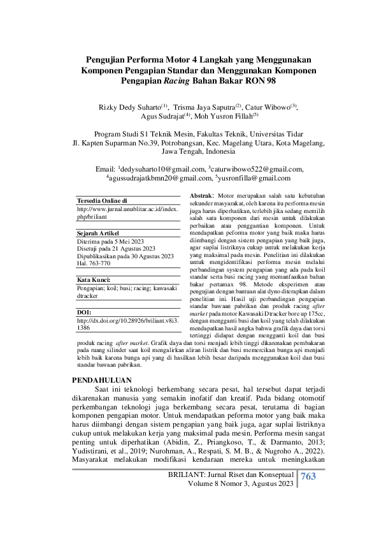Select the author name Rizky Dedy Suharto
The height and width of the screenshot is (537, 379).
[x=121, y=107]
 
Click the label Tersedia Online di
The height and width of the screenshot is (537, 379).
[x=102, y=201]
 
